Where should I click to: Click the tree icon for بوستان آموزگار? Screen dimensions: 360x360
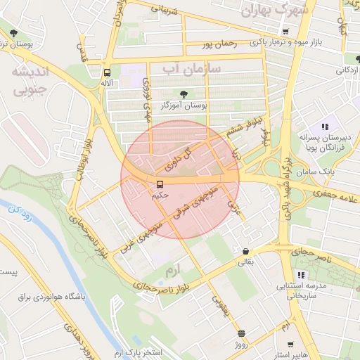tap(184, 94)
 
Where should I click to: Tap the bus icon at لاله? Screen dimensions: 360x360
tap(107, 72)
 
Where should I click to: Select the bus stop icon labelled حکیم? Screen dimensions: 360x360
tap(160, 184)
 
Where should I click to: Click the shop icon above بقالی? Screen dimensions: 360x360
tap(245, 252)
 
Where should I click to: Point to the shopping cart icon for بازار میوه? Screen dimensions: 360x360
tap(285, 32)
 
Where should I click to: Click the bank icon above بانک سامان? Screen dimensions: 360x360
tap(321, 160)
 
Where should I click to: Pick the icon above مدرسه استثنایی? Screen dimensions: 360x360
tap(301, 275)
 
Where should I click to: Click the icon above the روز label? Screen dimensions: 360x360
tap(241, 333)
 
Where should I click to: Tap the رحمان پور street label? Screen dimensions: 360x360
tap(215, 44)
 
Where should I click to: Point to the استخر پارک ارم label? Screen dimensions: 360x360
tap(138, 351)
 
